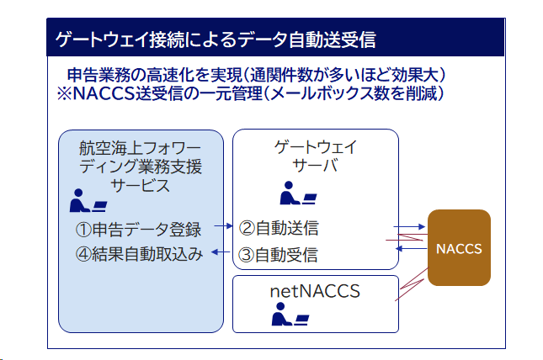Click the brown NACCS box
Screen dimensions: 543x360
(459, 247)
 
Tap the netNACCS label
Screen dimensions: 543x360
(315, 291)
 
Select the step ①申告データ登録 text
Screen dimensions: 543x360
(138, 230)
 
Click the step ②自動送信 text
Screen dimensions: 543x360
(279, 228)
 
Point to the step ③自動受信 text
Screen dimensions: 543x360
(278, 255)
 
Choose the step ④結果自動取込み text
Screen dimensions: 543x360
(139, 254)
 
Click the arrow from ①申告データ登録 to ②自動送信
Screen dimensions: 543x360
(223, 226)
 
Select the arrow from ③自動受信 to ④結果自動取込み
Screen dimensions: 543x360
(221, 252)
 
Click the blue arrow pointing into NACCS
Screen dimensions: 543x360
(409, 227)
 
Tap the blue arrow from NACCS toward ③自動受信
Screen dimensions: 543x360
(412, 248)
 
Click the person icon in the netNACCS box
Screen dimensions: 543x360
(290, 315)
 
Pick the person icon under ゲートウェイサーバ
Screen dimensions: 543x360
(298, 193)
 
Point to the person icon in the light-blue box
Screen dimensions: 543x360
(88, 200)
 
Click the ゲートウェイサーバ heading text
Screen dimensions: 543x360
(315, 156)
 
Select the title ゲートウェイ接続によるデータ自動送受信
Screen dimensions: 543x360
(216, 40)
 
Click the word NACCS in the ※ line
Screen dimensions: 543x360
(104, 93)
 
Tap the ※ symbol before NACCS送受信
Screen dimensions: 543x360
(65, 93)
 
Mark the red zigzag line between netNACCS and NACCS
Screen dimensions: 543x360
(412, 284)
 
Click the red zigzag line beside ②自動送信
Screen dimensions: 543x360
(407, 237)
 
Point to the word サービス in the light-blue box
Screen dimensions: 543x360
(140, 186)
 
